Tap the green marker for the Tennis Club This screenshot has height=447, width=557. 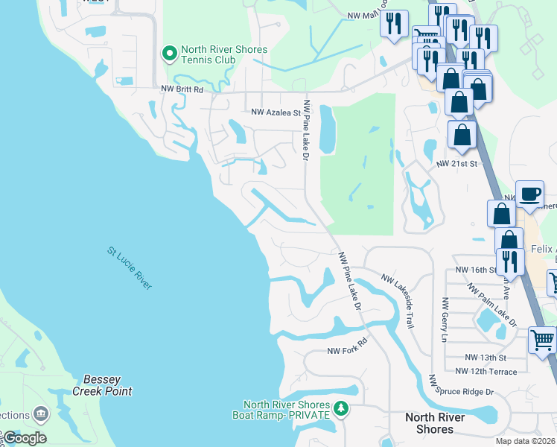click(169, 54)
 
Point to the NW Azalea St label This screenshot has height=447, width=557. click(275, 113)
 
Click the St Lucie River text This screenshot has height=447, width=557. click(130, 268)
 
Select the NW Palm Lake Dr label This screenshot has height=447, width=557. click(491, 304)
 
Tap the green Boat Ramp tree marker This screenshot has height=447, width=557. click(341, 408)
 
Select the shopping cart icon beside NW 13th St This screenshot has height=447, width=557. click(542, 340)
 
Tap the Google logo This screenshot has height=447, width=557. click(25, 438)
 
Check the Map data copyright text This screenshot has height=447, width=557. click(525, 441)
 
